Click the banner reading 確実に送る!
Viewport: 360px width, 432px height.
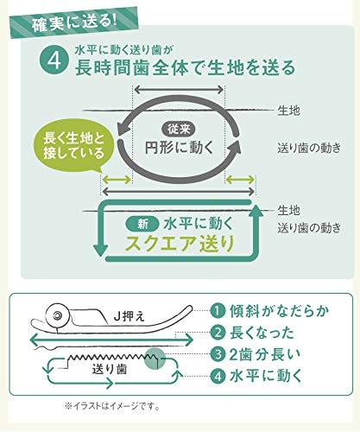[x=74, y=22]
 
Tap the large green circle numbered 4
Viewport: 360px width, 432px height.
[x=54, y=60]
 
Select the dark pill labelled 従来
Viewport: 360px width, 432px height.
[x=179, y=129]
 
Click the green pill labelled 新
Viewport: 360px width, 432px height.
[x=142, y=225]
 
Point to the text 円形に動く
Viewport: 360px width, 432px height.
[x=179, y=147]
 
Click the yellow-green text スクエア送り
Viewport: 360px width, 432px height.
[x=180, y=244]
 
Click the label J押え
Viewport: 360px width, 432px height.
[x=129, y=317]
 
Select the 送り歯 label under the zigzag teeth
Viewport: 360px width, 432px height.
[x=110, y=369]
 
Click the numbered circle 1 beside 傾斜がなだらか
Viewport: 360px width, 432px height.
[x=218, y=311]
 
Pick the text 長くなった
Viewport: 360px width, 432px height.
[x=262, y=333]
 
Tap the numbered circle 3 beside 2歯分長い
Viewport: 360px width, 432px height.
[x=218, y=354]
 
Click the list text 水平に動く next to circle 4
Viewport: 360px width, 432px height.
[x=266, y=376]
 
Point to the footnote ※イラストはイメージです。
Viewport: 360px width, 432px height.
[x=112, y=407]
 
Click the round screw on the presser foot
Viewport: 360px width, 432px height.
[x=57, y=314]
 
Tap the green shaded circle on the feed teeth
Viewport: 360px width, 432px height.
[x=155, y=358]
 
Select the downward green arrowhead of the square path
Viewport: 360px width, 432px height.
[x=101, y=251]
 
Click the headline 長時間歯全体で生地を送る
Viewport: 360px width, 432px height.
[x=186, y=67]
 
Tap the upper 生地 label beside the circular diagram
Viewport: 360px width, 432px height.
[x=288, y=111]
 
